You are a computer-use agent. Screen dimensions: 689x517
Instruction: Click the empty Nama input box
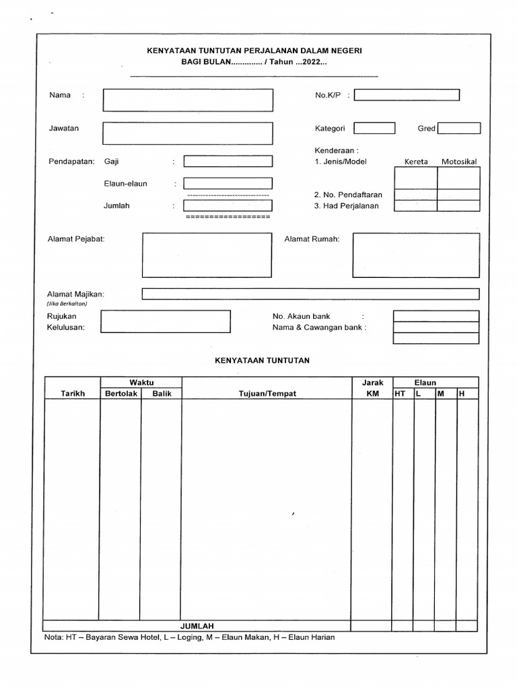click(188, 100)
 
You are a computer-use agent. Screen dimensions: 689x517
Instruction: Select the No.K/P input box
click(407, 96)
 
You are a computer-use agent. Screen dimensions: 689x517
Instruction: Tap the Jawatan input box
click(188, 133)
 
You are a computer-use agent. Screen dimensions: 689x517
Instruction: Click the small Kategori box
click(374, 129)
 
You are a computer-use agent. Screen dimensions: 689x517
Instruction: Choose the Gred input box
click(459, 129)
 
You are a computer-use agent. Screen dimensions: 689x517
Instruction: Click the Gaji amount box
click(228, 161)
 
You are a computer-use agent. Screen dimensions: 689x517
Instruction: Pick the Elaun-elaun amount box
click(228, 183)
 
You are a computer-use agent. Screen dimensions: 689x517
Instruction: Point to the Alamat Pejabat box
click(208, 255)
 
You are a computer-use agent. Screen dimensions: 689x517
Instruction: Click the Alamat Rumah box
click(416, 255)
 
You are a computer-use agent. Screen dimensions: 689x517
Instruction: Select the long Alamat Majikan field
click(310, 294)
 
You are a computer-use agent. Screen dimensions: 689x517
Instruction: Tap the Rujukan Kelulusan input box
click(166, 321)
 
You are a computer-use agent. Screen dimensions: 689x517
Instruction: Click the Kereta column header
click(415, 162)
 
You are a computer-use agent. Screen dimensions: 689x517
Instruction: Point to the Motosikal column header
click(458, 162)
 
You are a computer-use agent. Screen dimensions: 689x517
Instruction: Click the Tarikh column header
click(73, 394)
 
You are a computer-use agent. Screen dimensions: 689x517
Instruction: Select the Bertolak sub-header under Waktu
click(120, 394)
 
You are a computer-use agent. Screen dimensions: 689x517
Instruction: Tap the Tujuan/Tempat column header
click(267, 394)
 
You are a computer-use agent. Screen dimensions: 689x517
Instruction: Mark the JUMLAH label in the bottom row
click(197, 626)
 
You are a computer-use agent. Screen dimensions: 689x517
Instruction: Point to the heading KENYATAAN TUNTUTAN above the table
click(262, 361)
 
